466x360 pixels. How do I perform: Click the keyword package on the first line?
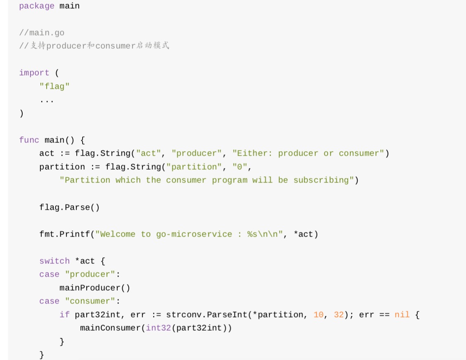point(36,6)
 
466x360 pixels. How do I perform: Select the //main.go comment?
point(42,33)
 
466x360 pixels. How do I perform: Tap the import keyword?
point(34,73)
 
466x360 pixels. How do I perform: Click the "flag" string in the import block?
point(54,86)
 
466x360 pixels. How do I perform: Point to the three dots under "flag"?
point(47,100)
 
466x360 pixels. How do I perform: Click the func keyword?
point(29,140)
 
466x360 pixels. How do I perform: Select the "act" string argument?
point(148,154)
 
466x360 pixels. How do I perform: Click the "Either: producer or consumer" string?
point(308,154)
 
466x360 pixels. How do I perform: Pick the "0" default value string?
point(240,167)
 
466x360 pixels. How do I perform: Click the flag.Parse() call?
point(69,207)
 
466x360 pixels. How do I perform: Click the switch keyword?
point(54,261)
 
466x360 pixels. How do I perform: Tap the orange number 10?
point(319,315)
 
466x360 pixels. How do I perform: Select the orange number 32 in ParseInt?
point(339,315)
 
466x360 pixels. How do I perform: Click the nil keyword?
point(402,315)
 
